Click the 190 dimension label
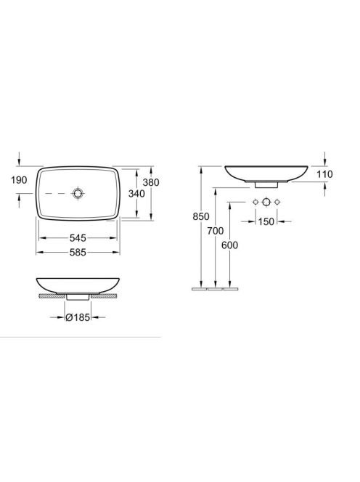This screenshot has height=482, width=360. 19,180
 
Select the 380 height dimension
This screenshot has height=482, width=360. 151,182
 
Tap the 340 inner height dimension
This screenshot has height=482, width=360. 136,194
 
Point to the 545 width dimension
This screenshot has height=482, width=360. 78,238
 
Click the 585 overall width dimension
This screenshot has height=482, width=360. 78,253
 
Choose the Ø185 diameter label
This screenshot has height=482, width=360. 78,317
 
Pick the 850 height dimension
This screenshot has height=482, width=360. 201,217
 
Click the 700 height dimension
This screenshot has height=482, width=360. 215,231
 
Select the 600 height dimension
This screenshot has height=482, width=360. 229,245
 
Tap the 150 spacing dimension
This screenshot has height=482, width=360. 266,221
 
